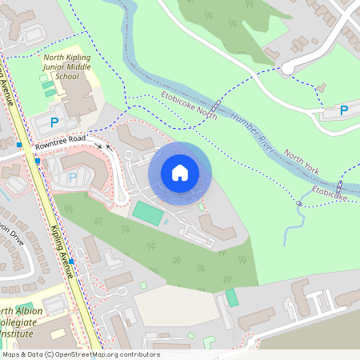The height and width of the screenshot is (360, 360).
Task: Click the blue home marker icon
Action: coord(180,173)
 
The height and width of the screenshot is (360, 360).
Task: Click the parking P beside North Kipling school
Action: coord(54,122)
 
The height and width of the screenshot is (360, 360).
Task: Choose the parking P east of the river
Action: coord(344,110)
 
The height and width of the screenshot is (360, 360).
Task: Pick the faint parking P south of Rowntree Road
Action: coord(74,177)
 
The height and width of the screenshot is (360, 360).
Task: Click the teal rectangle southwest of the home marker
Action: coord(146,213)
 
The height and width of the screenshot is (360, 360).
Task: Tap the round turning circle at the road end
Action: coord(287,69)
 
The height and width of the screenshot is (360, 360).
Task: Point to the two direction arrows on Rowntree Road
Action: coord(104,145)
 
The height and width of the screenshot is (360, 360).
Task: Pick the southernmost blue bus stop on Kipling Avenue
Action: coord(71,262)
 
